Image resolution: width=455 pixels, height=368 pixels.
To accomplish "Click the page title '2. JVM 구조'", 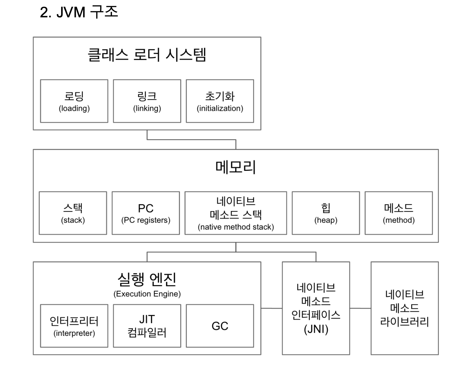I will tap(79, 12).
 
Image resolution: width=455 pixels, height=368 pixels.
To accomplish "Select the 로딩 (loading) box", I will tap(74, 101).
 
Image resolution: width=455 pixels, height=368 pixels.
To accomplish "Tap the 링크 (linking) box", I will tap(147, 101).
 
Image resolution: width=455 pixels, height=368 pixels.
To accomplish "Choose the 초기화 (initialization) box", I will tap(220, 101).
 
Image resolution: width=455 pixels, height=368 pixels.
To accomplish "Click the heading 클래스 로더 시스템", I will tap(147, 55).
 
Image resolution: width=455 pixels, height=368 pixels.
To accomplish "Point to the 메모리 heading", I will tap(235, 167).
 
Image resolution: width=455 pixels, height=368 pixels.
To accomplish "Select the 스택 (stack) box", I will tap(73, 213).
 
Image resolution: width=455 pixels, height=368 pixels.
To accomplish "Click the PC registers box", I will tap(146, 213).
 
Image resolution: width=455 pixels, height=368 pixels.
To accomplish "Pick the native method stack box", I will tap(236, 213).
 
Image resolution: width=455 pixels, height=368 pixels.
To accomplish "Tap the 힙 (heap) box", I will tap(326, 213).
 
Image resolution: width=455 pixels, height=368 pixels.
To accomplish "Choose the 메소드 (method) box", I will tap(399, 213).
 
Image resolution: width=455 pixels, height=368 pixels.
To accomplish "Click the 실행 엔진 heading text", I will tap(147, 279).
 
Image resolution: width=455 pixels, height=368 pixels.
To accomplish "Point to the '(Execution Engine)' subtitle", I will tap(147, 294).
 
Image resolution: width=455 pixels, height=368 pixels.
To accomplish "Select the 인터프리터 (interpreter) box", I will tap(74, 326).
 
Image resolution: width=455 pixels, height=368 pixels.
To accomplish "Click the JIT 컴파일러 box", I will tap(147, 326).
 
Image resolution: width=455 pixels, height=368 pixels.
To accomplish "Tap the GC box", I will tap(220, 326).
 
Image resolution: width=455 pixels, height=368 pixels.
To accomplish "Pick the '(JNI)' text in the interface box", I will tap(316, 329).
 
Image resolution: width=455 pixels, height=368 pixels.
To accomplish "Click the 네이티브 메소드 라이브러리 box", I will tap(404, 308).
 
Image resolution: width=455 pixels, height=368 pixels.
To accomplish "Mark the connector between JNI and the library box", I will tap(360, 308).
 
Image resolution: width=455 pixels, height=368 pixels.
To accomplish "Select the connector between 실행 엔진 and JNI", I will tap(272, 308).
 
